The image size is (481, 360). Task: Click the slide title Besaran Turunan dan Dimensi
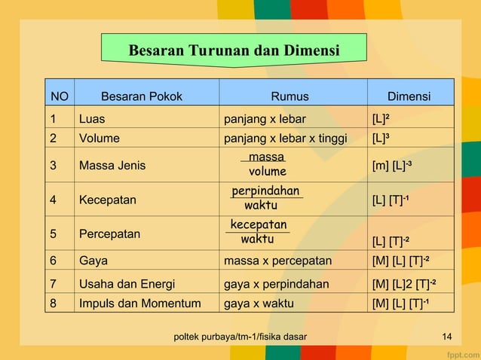click(234, 51)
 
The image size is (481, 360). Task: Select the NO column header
click(59, 96)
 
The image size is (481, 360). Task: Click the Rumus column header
click(290, 96)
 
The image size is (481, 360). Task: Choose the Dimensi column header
click(409, 96)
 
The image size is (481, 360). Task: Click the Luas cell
click(91, 118)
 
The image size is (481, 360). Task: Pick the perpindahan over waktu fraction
click(265, 198)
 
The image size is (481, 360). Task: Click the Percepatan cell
click(109, 233)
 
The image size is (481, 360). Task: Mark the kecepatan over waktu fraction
click(258, 232)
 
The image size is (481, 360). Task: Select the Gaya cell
click(93, 261)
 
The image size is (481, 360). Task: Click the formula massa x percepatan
click(277, 261)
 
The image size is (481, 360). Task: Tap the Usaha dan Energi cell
click(127, 284)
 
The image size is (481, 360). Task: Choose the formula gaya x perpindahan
click(277, 284)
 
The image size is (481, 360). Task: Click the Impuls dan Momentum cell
click(139, 304)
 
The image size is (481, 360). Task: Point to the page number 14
click(447, 336)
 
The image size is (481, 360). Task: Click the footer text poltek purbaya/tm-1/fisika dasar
click(240, 336)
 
